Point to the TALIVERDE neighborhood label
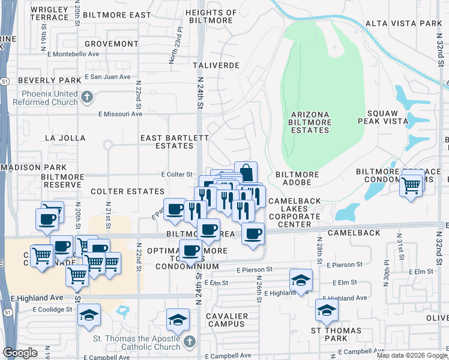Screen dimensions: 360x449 tap(216, 65)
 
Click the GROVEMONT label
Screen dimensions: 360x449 tap(111, 44)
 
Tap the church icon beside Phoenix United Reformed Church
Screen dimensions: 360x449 tap(87, 97)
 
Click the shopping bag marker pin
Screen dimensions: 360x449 tap(246, 173)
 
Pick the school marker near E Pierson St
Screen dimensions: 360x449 tap(301, 280)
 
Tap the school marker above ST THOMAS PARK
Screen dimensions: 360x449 tap(327, 310)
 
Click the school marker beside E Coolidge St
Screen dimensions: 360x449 tap(89, 316)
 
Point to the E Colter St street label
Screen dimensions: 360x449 tap(176, 174)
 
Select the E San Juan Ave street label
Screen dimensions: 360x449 tap(107, 77)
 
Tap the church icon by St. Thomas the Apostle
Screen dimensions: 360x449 tap(190, 341)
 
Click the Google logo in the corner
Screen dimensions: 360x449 tap(20, 353)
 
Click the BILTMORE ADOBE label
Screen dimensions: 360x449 tap(297, 175)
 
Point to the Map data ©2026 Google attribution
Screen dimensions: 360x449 tap(412, 355)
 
